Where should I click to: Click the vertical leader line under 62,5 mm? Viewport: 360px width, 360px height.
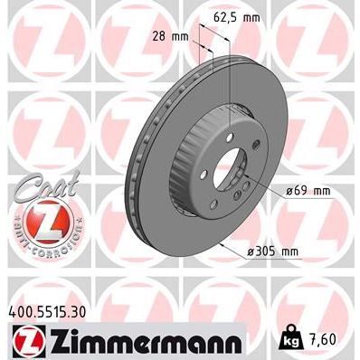[x=230, y=72]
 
